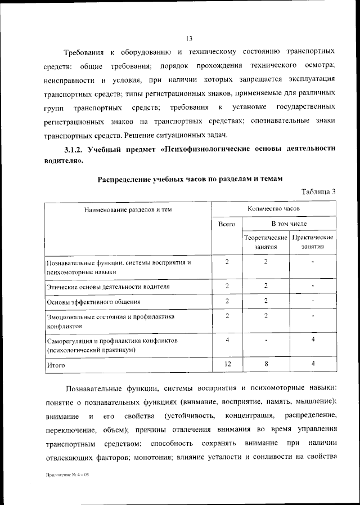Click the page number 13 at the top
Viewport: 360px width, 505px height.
coord(189,38)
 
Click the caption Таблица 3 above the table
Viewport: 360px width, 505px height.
coord(318,191)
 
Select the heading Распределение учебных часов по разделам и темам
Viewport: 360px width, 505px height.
coord(190,178)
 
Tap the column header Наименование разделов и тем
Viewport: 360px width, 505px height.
coord(128,209)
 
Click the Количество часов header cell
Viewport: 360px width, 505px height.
coord(273,208)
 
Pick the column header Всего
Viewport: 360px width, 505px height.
coord(227,224)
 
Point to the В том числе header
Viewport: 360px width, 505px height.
coord(290,224)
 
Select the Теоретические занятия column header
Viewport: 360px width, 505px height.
coord(265,242)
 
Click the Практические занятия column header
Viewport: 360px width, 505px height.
coord(313,242)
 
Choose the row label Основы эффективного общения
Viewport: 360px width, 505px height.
coord(94,302)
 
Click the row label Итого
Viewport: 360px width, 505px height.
coord(56,365)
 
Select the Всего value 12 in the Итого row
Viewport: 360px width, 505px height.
coord(227,364)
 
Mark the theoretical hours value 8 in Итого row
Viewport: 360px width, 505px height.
coord(265,364)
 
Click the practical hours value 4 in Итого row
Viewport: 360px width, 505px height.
coord(313,364)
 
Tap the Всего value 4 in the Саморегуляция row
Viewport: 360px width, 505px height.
coord(227,340)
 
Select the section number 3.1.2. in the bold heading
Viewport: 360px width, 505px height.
coord(74,149)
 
